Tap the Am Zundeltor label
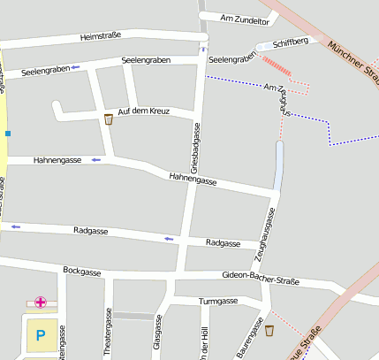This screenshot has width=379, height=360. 243,19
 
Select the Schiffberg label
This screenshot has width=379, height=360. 291,42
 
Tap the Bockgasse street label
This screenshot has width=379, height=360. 82,271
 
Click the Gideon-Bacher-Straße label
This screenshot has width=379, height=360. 261,279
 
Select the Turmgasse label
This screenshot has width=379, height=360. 218,302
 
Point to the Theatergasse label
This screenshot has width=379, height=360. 109,334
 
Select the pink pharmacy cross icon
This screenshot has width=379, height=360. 40,303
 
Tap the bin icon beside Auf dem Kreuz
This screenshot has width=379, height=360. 109,119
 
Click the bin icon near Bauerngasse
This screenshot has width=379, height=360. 269,331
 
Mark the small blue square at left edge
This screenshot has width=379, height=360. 8,134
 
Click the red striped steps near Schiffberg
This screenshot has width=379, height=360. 277,65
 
